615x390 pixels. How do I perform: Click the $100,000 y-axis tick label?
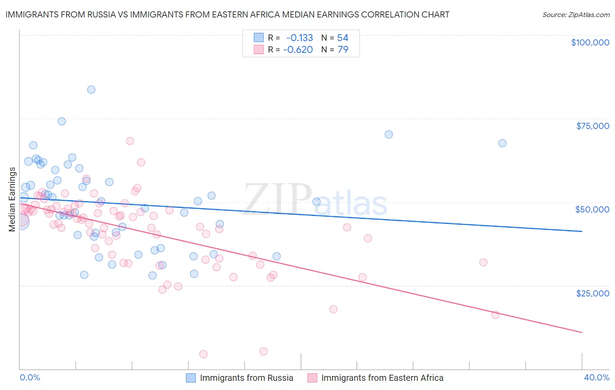(590, 42)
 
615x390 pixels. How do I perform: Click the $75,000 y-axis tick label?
(592, 126)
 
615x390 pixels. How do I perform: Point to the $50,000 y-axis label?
(592, 209)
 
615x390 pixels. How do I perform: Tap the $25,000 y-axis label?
(592, 293)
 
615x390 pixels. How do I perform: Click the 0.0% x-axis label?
(30, 377)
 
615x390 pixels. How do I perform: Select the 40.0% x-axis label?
(596, 377)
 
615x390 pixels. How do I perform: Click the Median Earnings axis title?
(12, 199)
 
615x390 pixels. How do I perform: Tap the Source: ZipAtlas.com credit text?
(576, 14)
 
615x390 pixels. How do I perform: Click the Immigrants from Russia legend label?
(246, 378)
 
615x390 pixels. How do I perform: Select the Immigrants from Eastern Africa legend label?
(382, 378)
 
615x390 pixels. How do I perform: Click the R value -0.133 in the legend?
(299, 38)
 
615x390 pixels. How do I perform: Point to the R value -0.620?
(298, 50)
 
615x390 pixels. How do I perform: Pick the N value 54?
(342, 38)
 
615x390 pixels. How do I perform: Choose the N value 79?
(342, 50)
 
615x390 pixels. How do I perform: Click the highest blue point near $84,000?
(91, 90)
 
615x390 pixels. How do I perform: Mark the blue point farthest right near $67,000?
(502, 143)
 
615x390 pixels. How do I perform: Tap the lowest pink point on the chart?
(203, 354)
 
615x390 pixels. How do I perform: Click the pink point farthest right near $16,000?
(495, 315)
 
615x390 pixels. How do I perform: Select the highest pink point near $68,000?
(130, 141)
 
